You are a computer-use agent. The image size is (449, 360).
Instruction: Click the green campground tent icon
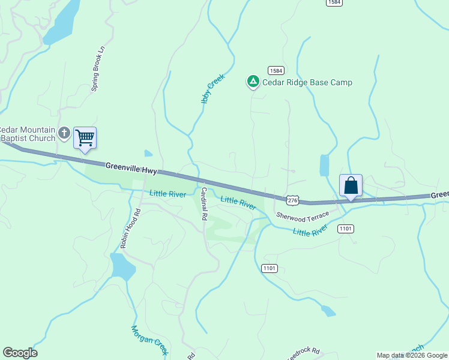pos(253,82)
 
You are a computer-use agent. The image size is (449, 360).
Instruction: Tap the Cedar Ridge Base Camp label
pos(307,82)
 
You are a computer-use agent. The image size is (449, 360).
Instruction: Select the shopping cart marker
pos(85,137)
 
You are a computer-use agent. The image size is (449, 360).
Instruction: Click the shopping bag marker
pos(351,185)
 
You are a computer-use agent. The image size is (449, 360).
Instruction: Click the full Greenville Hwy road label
pos(131,169)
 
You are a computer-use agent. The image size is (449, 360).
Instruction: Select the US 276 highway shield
pos(292,200)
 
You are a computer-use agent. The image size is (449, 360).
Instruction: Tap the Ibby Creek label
pos(212,89)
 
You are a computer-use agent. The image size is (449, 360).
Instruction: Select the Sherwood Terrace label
pos(303,215)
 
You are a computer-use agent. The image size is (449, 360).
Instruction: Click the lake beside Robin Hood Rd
pos(122,266)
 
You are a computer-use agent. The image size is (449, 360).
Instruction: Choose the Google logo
pos(20,353)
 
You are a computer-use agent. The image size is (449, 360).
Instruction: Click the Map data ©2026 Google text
pos(412,355)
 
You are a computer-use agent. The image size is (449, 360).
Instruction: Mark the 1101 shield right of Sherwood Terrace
pos(346,229)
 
